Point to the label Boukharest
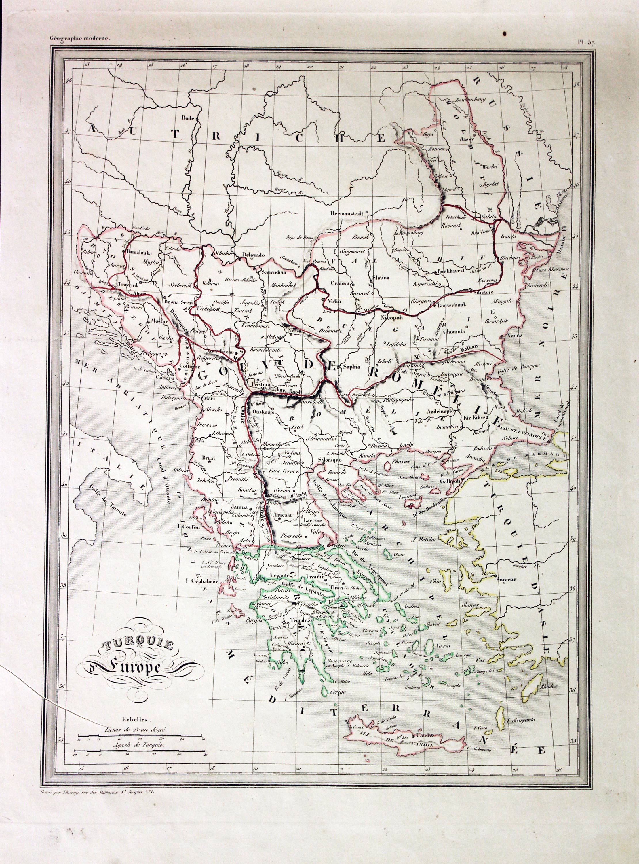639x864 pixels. pyautogui.click(x=451, y=272)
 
